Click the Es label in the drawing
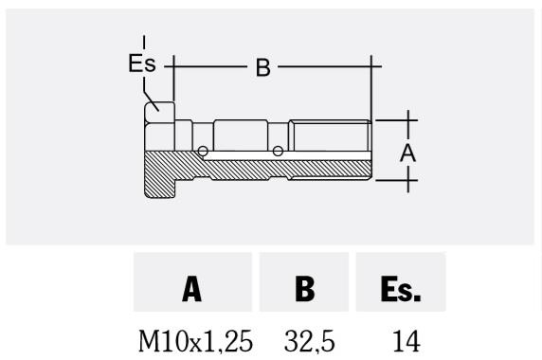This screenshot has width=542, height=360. tap(142, 63)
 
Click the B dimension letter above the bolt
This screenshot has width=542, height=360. tap(263, 67)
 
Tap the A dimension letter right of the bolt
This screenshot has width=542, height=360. tap(407, 153)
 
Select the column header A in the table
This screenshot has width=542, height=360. tap(192, 289)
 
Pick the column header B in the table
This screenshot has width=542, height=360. tap(305, 289)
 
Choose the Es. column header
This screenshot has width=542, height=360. tap(401, 289)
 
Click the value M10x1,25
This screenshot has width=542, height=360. tap(195, 341)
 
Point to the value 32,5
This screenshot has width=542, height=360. tap(310, 341)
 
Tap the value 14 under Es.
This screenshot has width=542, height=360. tap(406, 341)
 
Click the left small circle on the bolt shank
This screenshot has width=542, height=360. tap(203, 151)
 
